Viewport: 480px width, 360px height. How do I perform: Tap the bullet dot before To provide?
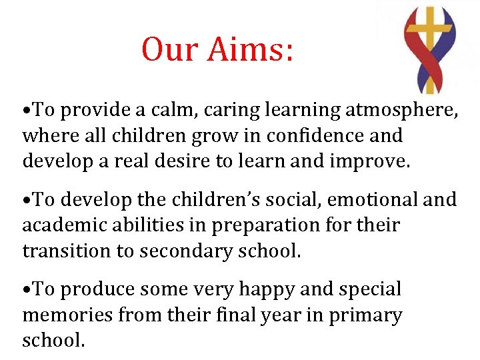coord(27,111)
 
